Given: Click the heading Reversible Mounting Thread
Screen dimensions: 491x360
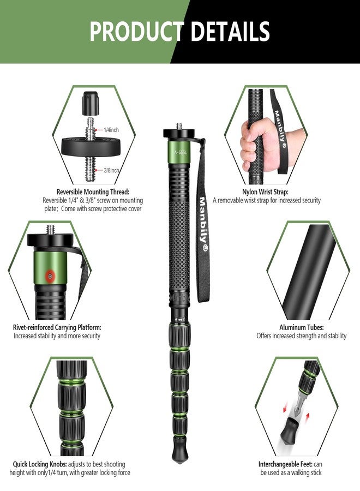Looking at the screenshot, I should [x=93, y=192].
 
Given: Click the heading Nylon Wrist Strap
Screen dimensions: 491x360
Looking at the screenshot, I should [x=266, y=192].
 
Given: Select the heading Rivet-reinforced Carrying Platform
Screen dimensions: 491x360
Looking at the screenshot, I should [x=57, y=327].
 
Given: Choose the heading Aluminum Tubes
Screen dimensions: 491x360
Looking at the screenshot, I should [x=301, y=327].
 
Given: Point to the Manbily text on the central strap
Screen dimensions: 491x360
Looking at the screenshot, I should [x=202, y=224].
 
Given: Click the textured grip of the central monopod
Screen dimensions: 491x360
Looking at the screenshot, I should [x=179, y=229].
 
